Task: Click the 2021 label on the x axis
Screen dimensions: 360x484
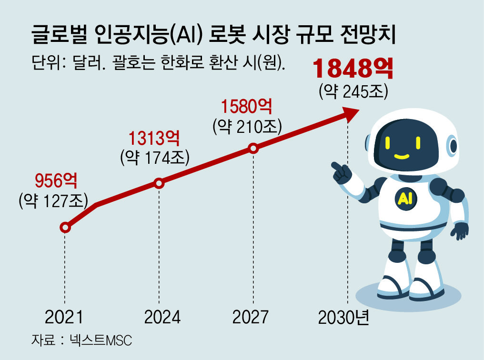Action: pos(64,317)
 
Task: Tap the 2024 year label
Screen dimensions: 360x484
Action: pos(159,317)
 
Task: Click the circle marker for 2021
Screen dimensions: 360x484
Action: pos(66,228)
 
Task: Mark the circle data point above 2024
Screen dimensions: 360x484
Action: pos(159,183)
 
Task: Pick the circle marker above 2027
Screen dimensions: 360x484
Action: pos(253,149)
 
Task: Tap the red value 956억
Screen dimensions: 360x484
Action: pos(56,181)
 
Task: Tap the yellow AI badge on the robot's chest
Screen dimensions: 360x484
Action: pos(404,199)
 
